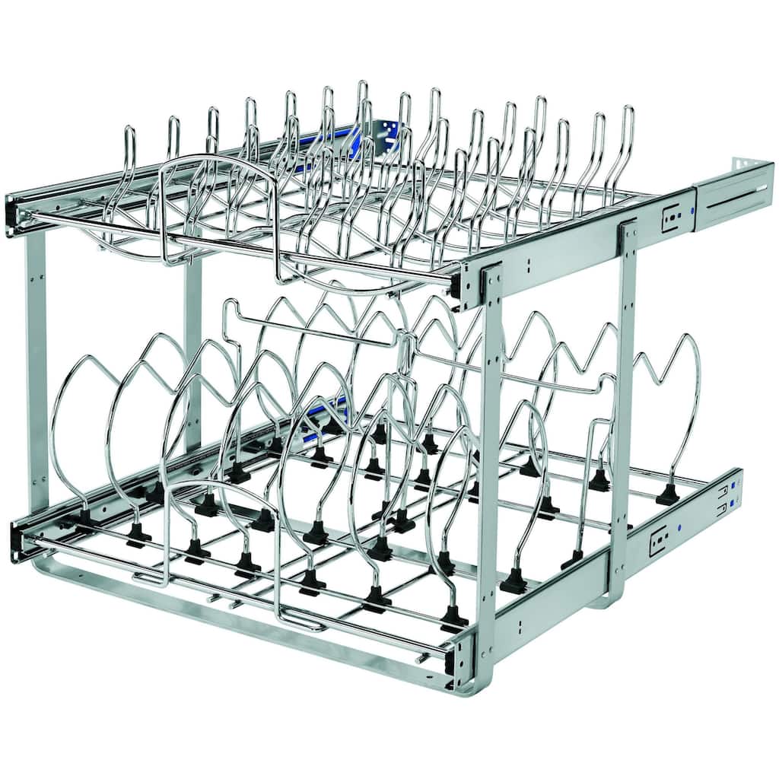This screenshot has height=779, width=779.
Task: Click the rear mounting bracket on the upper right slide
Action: (x=733, y=190)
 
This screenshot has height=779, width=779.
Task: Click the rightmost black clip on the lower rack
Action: (x=667, y=494)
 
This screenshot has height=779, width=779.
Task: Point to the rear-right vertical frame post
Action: (x=625, y=403)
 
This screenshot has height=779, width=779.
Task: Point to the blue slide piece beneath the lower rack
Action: (x=327, y=422)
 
